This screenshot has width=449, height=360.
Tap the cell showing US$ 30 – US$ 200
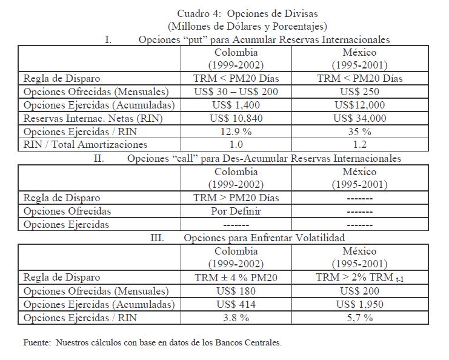click(236, 92)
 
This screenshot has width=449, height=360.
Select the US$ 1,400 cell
click(236, 105)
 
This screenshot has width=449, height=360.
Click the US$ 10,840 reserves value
click(236, 119)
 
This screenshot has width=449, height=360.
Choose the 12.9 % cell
click(236, 132)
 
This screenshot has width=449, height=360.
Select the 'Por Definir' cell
click(236, 211)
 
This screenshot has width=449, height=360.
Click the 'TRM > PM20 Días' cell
click(236, 198)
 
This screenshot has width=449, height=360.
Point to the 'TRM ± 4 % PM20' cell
click(236, 278)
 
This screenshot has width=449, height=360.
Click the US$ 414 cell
click(236, 304)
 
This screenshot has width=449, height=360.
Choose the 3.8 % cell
click(236, 318)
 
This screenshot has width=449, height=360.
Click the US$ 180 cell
click(236, 291)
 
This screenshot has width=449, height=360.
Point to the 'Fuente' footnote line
click(152, 343)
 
